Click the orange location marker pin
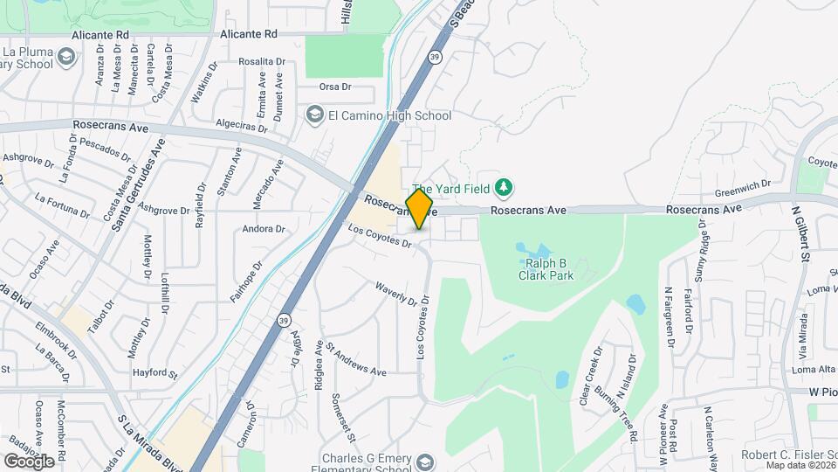[x=420, y=209]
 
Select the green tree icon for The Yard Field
[x=503, y=186]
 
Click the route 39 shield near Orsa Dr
[x=434, y=58]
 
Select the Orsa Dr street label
[x=334, y=87]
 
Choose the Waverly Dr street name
[x=396, y=293]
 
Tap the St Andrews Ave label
[x=356, y=358]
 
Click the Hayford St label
[x=155, y=373]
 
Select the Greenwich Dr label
[x=743, y=185]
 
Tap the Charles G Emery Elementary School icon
[x=425, y=462]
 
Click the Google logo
[x=29, y=461]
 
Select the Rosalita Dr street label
[x=262, y=62]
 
